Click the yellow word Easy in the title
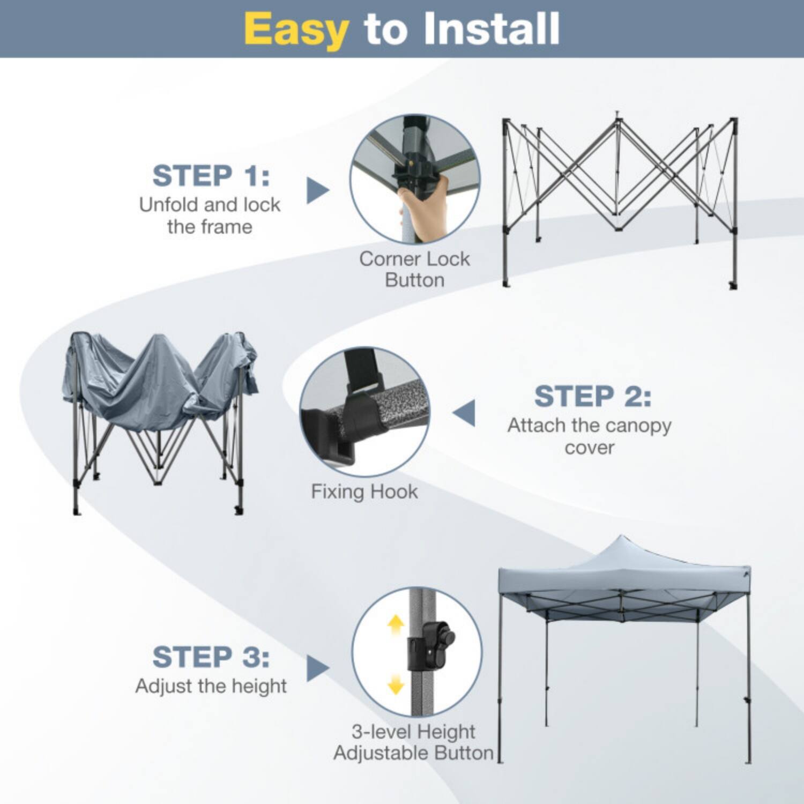click(x=296, y=29)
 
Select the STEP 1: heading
click(x=211, y=176)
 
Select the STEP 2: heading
click(x=592, y=397)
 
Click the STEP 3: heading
click(x=211, y=657)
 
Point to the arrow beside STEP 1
click(x=317, y=190)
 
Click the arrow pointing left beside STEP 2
click(x=465, y=413)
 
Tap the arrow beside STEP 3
click(x=317, y=668)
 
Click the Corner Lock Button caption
click(x=414, y=269)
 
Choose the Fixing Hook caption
click(x=364, y=492)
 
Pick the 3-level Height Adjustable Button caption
click(x=413, y=742)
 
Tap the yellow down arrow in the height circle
click(x=396, y=684)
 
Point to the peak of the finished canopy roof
click(x=621, y=539)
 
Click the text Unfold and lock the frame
click(x=210, y=215)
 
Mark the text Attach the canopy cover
click(x=589, y=436)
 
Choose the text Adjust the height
click(x=211, y=686)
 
